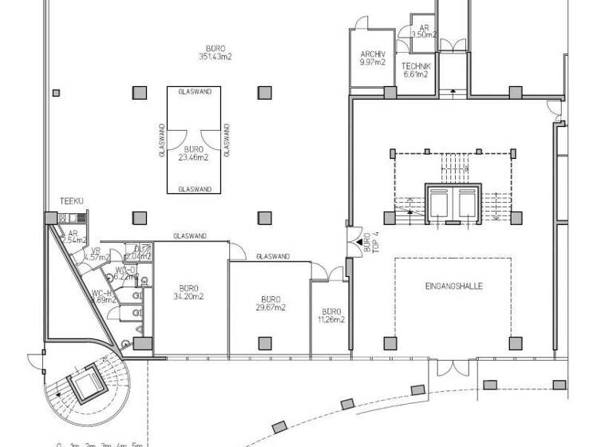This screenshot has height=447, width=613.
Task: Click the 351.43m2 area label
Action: [x=215, y=57]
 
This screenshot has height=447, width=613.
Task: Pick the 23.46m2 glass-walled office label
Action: [x=193, y=153]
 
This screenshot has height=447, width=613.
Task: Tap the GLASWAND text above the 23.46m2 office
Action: [x=194, y=92]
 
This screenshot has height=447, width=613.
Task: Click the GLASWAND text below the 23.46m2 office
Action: [x=194, y=189]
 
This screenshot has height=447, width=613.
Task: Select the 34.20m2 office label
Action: [x=188, y=292]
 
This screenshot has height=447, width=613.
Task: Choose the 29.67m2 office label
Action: [x=271, y=303]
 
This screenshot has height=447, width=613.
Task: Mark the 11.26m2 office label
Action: [x=331, y=315]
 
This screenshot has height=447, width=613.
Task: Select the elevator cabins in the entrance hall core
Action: [x=451, y=204]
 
